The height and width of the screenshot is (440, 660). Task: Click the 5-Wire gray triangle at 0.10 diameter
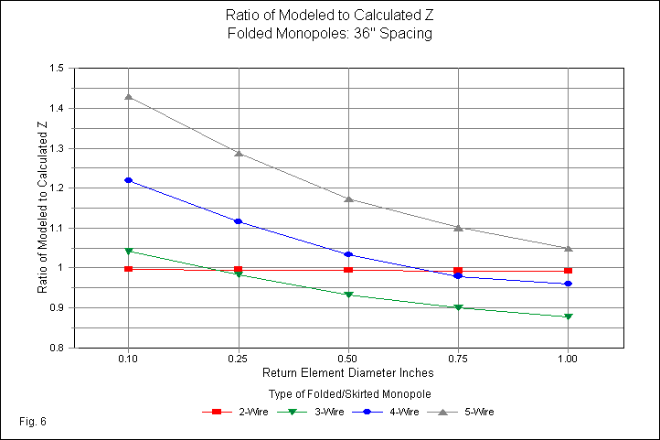(x=129, y=96)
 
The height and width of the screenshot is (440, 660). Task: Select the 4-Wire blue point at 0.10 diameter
(x=129, y=180)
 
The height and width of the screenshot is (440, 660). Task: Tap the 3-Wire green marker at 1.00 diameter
(x=569, y=317)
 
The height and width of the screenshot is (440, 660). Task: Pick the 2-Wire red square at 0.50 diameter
(x=348, y=270)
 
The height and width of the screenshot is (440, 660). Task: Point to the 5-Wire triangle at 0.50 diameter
(x=348, y=199)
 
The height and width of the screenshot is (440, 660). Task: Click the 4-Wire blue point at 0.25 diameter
(x=239, y=221)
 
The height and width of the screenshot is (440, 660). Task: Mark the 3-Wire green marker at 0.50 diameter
(x=348, y=295)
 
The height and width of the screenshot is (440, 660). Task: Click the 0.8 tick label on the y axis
(x=57, y=349)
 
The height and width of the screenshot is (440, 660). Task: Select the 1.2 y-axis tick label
(x=57, y=188)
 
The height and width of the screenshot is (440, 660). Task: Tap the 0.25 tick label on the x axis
(x=239, y=360)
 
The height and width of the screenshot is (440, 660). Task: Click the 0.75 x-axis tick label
(x=458, y=360)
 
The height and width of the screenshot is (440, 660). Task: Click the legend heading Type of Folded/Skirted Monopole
(x=348, y=393)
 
